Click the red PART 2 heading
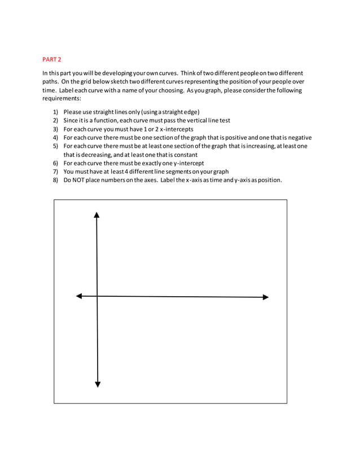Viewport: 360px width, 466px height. [x=52, y=59]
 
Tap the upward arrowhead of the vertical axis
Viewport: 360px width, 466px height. [x=97, y=215]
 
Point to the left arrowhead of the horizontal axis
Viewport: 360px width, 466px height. [x=79, y=296]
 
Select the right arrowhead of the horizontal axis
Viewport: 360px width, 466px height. [x=265, y=297]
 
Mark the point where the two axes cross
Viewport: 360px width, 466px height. [x=97, y=296]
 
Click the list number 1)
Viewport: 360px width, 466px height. [x=55, y=112]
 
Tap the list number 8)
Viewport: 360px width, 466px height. [x=55, y=180]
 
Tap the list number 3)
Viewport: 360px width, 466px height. [x=55, y=129]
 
